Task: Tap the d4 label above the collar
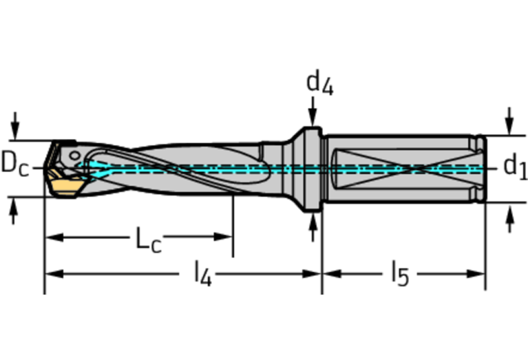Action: tap(320, 83)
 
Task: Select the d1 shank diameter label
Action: tap(515, 166)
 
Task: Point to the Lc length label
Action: tap(149, 240)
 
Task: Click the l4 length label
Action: tap(203, 274)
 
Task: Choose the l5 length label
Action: tap(401, 274)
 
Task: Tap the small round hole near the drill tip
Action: tap(74, 156)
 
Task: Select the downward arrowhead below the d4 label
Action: tap(313, 120)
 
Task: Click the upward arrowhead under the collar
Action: tap(313, 220)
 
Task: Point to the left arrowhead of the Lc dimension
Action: tap(54, 237)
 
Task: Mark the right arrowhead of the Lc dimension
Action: tap(223, 237)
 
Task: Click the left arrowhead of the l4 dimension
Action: tap(54, 274)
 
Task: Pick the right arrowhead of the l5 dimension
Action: tap(476, 274)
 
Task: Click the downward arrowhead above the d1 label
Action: tap(510, 127)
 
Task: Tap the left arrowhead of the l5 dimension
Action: tap(332, 274)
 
